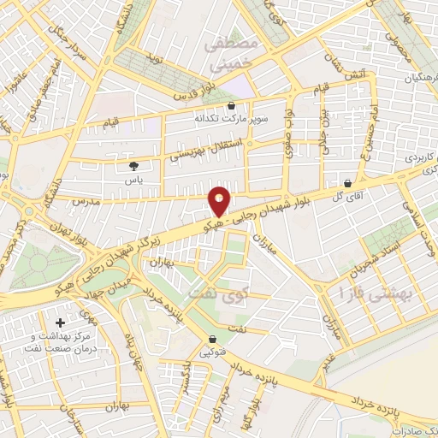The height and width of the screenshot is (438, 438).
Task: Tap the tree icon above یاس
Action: coord(133,167)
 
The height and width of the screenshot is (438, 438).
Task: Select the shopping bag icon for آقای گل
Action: coord(347,183)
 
